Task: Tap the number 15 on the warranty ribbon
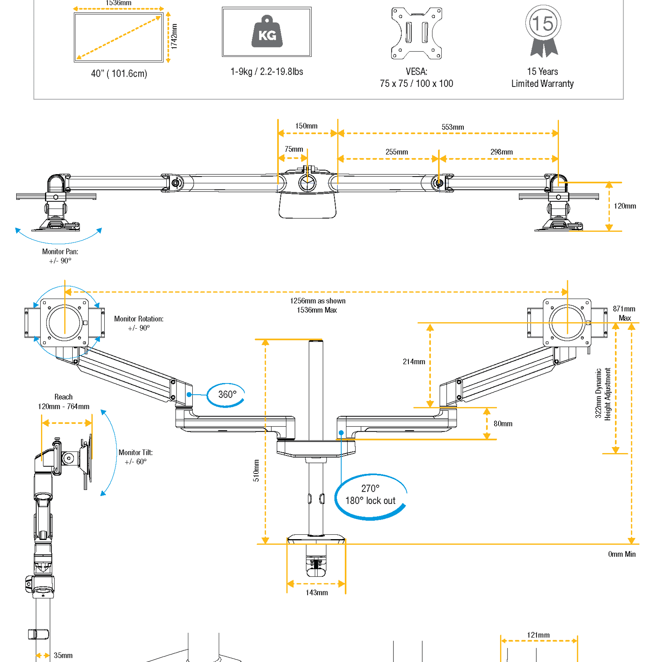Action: tap(543, 23)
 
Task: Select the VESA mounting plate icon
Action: tap(416, 33)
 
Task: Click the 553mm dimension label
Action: tap(453, 127)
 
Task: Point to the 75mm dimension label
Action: tap(294, 149)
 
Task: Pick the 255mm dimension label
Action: tap(397, 152)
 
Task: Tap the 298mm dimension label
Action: tap(502, 152)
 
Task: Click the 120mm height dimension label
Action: tap(625, 206)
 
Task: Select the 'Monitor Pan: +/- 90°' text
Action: tap(60, 256)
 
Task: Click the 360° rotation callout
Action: tap(227, 395)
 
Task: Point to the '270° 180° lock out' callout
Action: tap(370, 495)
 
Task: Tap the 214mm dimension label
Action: tap(414, 362)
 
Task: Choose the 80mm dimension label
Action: tap(503, 424)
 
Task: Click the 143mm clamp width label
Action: tap(316, 593)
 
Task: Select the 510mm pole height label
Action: tap(256, 470)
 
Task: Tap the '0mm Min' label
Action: tap(622, 555)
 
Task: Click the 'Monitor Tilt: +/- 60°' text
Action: tap(135, 457)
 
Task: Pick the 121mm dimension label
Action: tap(538, 635)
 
